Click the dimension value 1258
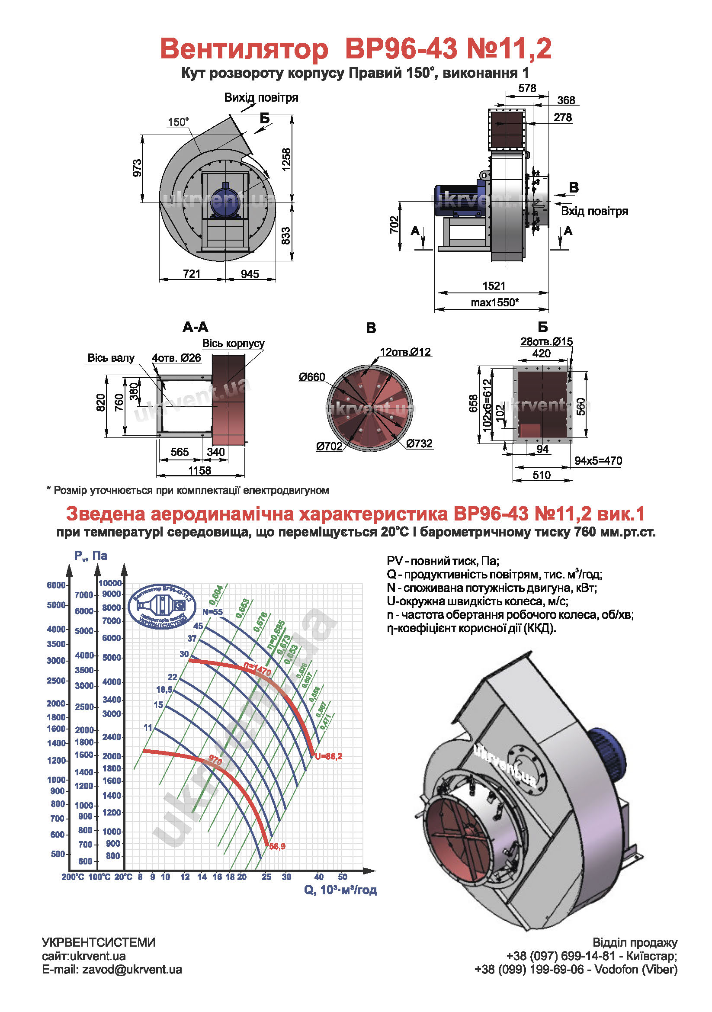(x=286, y=159)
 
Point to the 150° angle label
(x=178, y=122)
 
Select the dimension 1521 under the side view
(x=494, y=286)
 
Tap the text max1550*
(x=494, y=303)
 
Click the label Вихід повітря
(x=261, y=97)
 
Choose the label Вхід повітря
(x=594, y=211)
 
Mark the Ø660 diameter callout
(x=311, y=377)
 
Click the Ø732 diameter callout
(x=419, y=443)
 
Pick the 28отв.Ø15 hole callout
(x=546, y=342)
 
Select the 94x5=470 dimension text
(x=598, y=461)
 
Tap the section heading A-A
(x=195, y=327)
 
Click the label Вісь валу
(x=111, y=358)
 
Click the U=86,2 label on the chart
(x=328, y=756)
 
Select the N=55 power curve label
(x=212, y=612)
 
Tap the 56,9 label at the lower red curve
(x=277, y=846)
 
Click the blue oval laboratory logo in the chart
(x=162, y=607)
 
